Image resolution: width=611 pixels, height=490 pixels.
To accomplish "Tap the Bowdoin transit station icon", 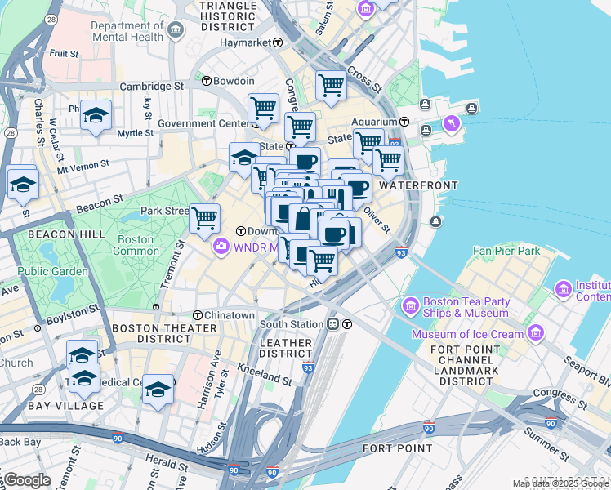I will [207, 82].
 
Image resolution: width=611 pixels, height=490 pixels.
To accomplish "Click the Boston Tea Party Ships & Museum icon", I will [410, 307].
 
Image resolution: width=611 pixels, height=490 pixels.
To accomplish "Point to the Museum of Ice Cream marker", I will [536, 333].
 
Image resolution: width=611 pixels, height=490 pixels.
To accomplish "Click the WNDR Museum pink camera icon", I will [221, 246].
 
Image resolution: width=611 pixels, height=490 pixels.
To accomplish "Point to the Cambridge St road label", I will [151, 86].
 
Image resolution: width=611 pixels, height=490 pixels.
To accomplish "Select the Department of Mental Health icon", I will [176, 32].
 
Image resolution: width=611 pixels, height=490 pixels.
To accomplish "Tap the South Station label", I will [292, 324].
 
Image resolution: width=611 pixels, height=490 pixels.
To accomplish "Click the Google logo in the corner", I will [27, 480].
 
